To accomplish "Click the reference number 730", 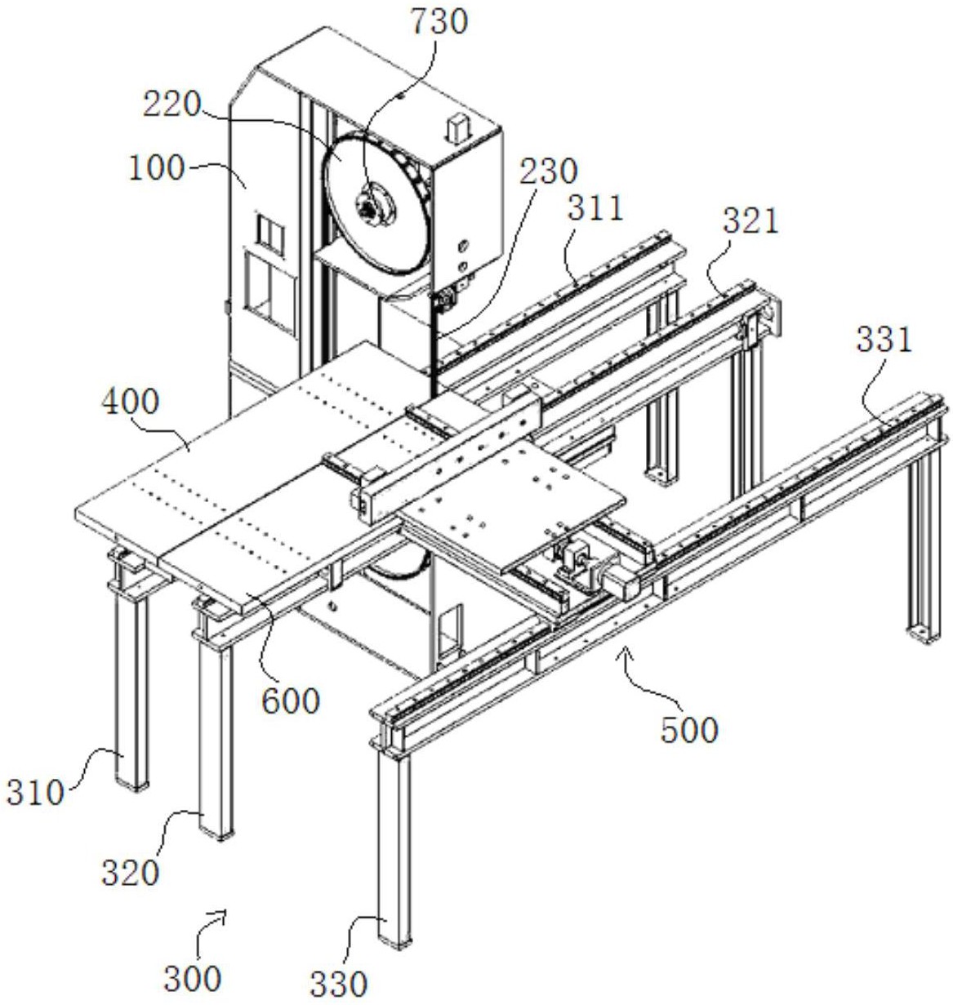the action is [439, 23].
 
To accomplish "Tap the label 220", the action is [171, 106].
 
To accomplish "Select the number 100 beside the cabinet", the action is [157, 168].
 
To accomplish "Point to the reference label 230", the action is [548, 171].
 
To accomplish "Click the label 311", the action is [595, 208].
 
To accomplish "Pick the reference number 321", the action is [750, 222].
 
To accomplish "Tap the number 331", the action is [884, 340].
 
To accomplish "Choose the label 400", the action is [131, 402].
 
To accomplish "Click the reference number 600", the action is [291, 700].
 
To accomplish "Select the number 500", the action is [689, 730].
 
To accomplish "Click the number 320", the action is [131, 873].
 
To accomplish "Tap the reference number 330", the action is [339, 984].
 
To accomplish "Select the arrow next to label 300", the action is [211, 926].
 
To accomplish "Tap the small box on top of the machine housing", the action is [457, 127].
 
